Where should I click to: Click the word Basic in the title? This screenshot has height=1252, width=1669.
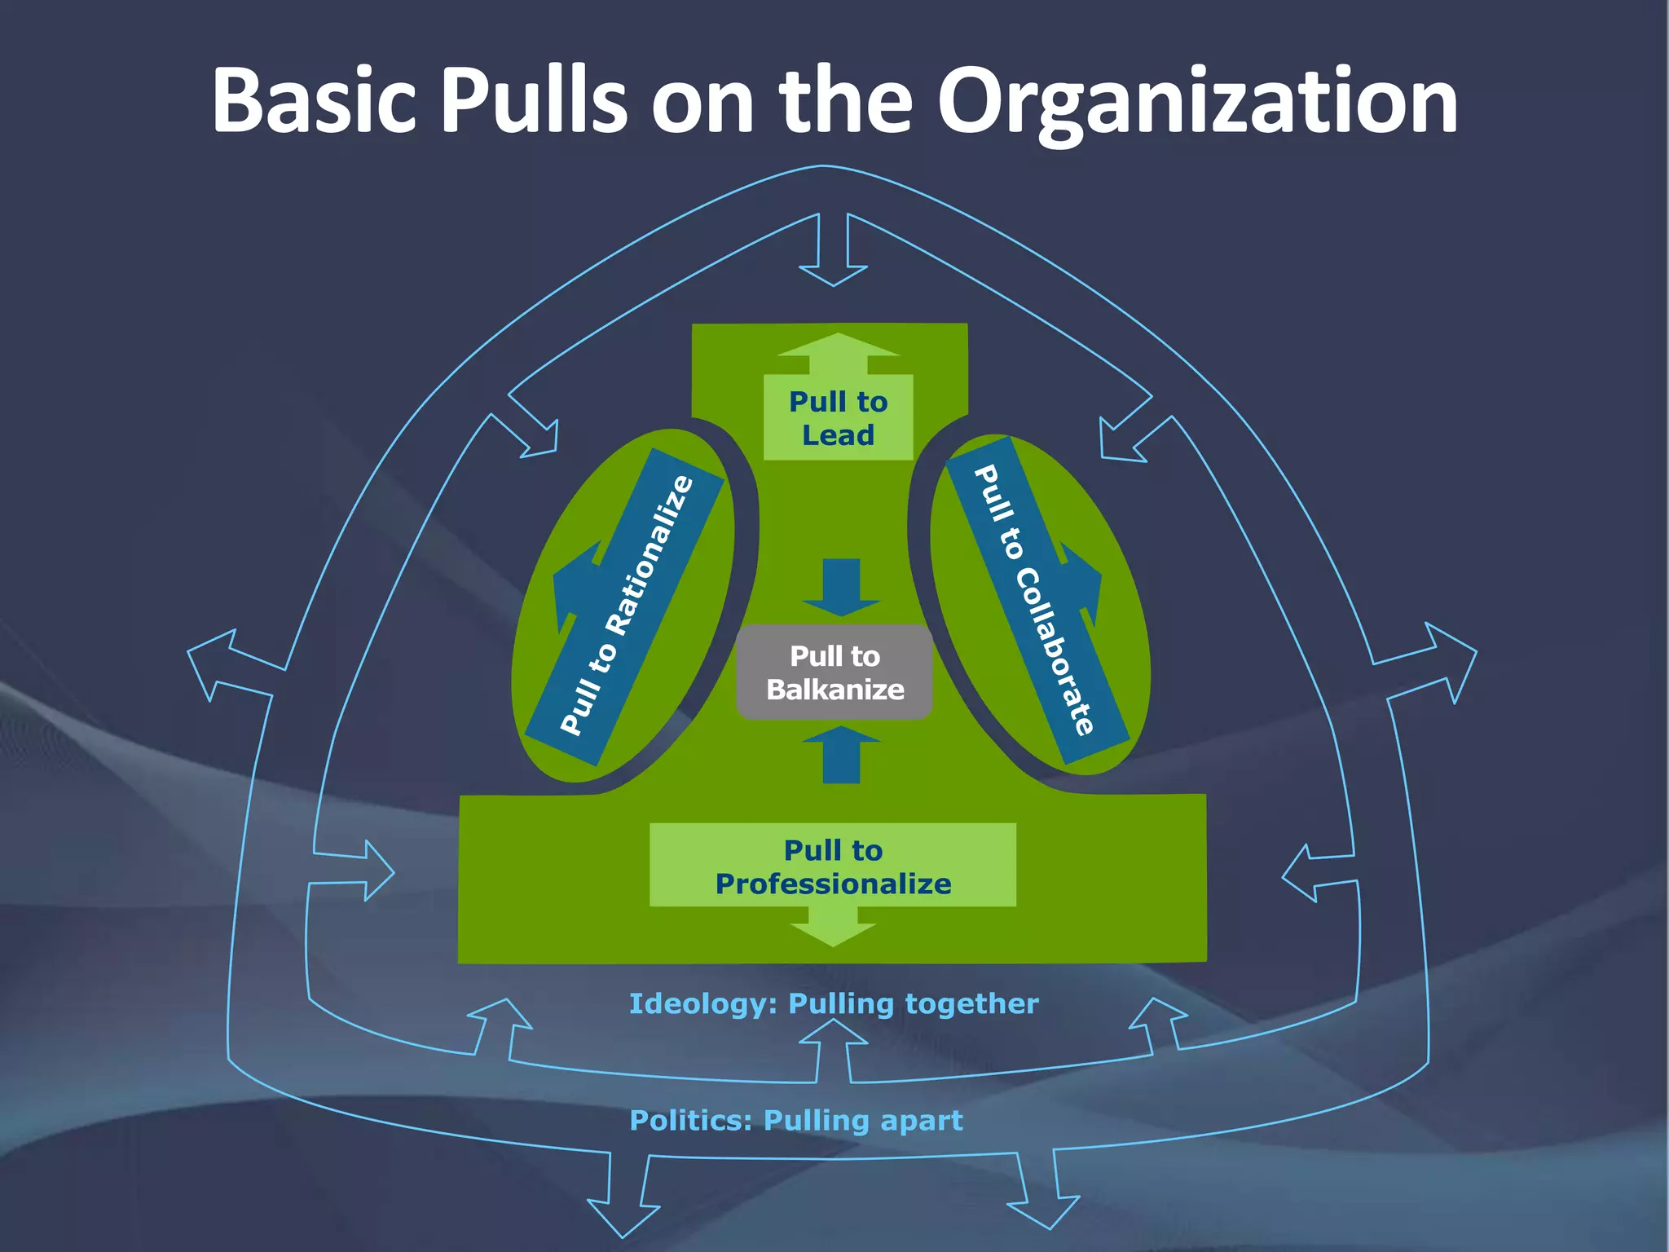(314, 102)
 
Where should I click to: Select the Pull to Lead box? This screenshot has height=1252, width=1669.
(838, 418)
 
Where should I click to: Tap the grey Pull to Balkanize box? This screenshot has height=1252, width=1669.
(834, 672)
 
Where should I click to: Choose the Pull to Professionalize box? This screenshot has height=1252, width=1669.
(833, 866)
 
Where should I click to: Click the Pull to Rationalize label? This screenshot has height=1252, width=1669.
(626, 606)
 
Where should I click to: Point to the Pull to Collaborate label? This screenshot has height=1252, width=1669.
(1036, 600)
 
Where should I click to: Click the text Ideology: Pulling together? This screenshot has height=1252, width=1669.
(834, 1003)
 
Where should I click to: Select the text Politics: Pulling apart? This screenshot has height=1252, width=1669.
(796, 1121)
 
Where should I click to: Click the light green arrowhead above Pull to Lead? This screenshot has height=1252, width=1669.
(838, 346)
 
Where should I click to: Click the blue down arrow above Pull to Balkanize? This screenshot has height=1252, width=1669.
(841, 590)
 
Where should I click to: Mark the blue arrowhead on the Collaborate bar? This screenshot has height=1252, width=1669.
(1084, 582)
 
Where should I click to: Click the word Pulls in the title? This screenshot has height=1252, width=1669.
(534, 102)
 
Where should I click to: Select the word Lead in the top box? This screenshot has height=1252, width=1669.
(838, 435)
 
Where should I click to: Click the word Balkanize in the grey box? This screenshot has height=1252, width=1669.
(834, 690)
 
